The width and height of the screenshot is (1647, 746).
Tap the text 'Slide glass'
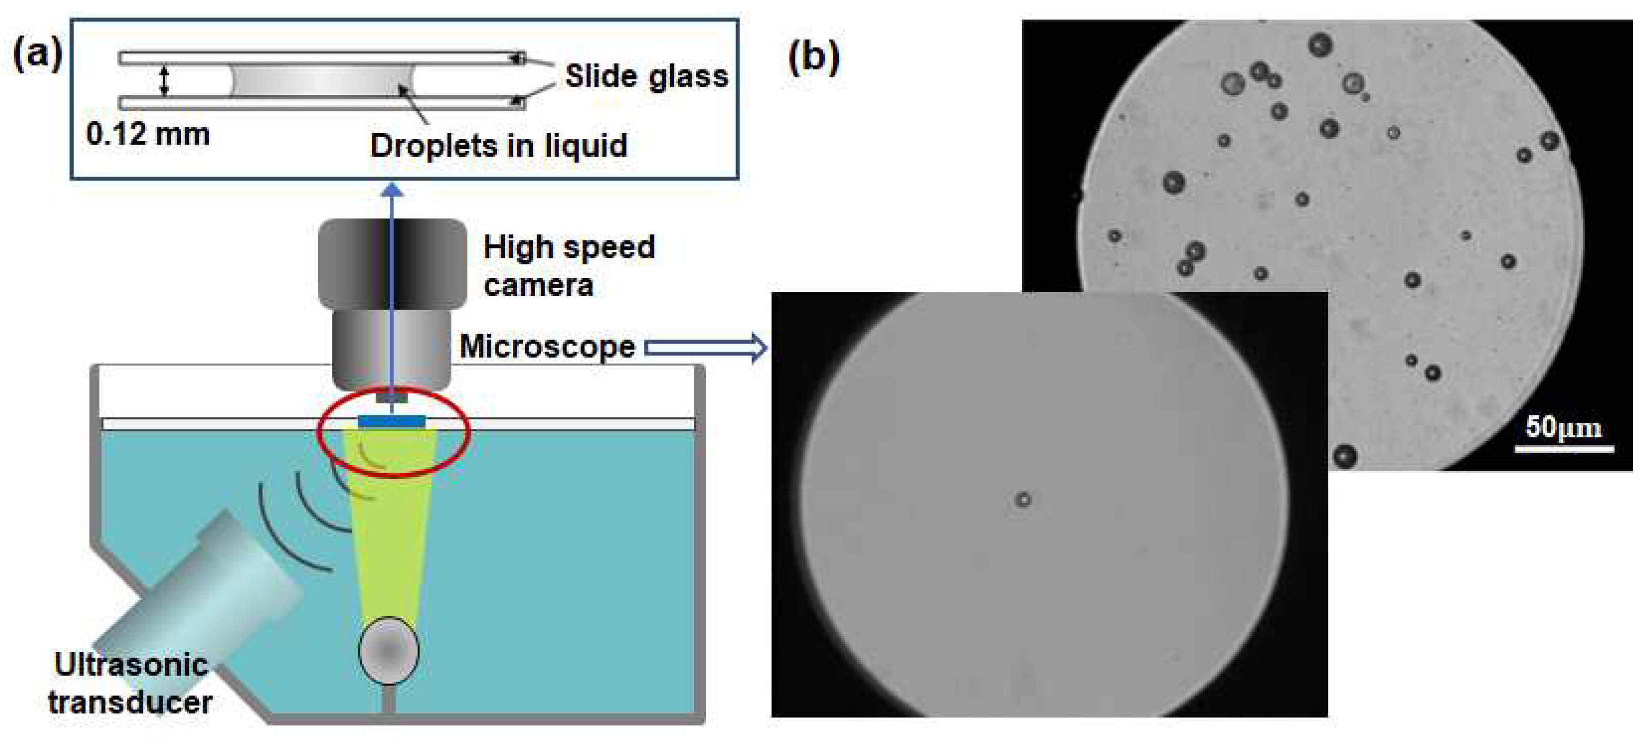(x=646, y=76)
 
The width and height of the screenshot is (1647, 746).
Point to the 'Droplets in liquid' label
(x=499, y=146)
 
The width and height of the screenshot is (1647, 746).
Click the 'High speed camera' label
(x=569, y=265)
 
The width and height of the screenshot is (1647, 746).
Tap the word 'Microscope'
(x=547, y=346)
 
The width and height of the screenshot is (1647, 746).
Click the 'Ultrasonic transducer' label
(x=131, y=683)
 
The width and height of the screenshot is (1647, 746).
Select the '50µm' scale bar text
(x=1563, y=427)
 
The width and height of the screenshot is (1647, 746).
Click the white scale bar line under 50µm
(x=1564, y=449)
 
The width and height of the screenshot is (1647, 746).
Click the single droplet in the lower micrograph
(x=1023, y=499)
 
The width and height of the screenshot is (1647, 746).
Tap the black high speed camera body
(x=392, y=262)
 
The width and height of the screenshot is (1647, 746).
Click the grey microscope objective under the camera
(x=391, y=349)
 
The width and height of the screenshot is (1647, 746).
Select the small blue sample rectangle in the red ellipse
(x=391, y=421)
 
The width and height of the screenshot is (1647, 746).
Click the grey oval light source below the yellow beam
(x=389, y=650)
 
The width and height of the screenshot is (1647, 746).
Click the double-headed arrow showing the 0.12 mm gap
(x=164, y=80)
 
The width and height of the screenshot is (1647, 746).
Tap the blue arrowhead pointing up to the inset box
(x=392, y=190)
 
